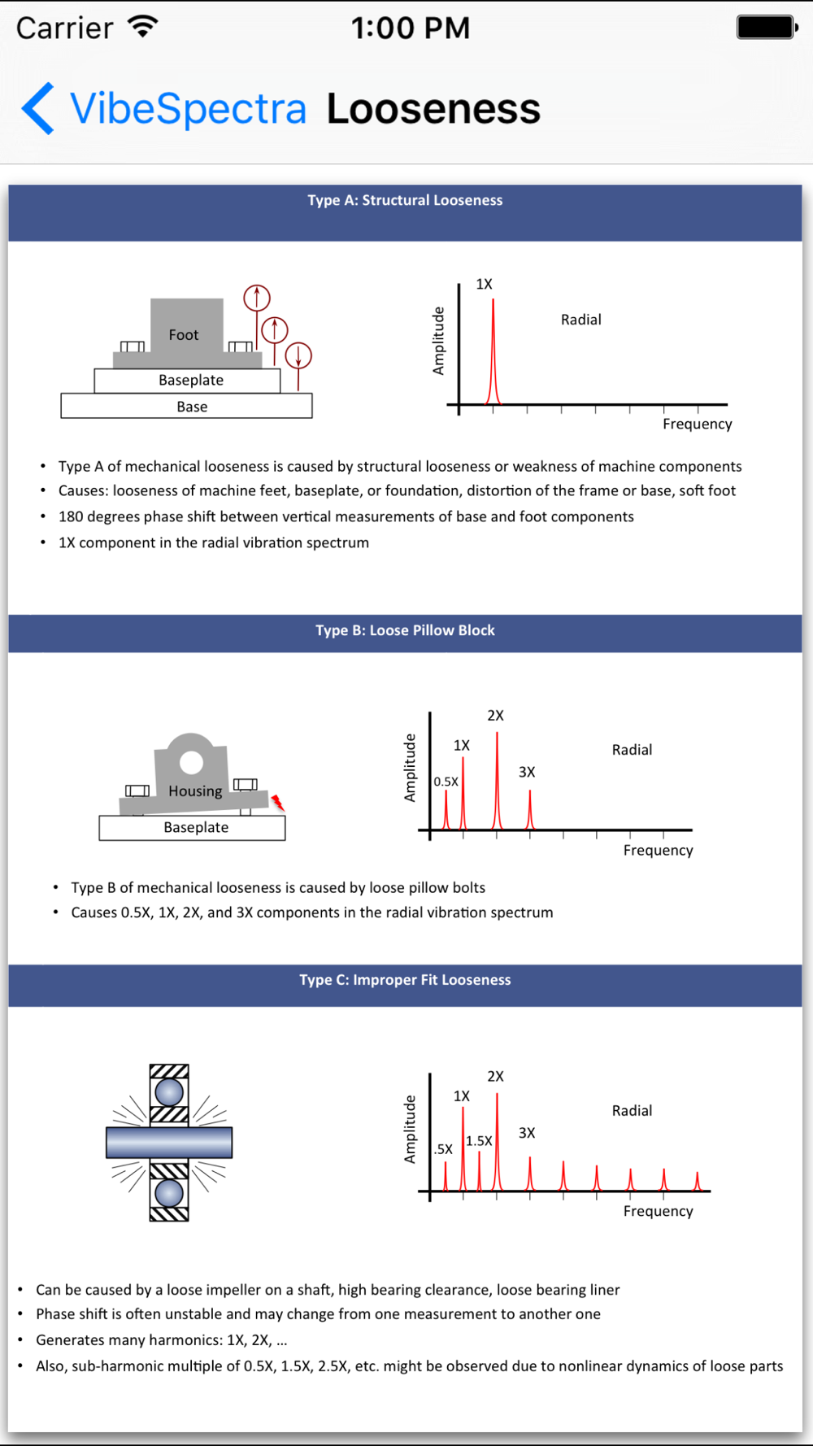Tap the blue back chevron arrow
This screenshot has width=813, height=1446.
(38, 108)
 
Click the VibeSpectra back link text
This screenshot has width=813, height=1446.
(188, 109)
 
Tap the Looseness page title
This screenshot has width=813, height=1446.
(433, 109)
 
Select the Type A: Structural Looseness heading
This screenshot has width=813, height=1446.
(405, 201)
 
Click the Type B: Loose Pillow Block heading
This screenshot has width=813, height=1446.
(405, 631)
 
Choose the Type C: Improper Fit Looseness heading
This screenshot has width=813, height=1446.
(405, 981)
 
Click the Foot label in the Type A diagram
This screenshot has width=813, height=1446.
(184, 335)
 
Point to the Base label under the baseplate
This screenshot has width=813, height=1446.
(192, 407)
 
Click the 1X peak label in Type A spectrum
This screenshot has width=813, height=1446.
(484, 285)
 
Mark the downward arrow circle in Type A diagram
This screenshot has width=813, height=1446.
(298, 355)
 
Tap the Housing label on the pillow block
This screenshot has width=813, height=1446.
(195, 791)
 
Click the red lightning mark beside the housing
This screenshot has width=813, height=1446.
(278, 804)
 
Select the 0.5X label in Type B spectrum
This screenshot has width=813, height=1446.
(446, 782)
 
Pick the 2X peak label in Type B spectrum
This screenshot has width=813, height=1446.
(495, 716)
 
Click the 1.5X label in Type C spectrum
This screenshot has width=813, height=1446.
(479, 1142)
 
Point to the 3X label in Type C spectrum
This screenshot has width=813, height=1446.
(527, 1134)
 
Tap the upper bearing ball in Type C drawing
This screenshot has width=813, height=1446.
(169, 1091)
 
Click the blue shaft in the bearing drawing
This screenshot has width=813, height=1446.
(169, 1143)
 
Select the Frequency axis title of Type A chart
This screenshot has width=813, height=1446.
(697, 425)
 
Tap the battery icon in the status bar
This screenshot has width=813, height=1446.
(766, 28)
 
